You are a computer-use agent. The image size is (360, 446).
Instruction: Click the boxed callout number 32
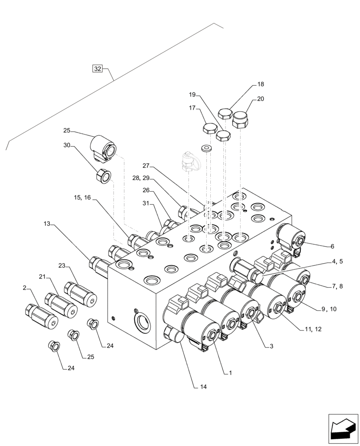97,69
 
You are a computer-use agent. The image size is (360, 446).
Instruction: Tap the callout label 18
261,84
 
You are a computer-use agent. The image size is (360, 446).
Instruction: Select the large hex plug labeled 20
241,120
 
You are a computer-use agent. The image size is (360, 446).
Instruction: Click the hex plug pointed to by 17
210,129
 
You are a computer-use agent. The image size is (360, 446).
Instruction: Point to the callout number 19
192,95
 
